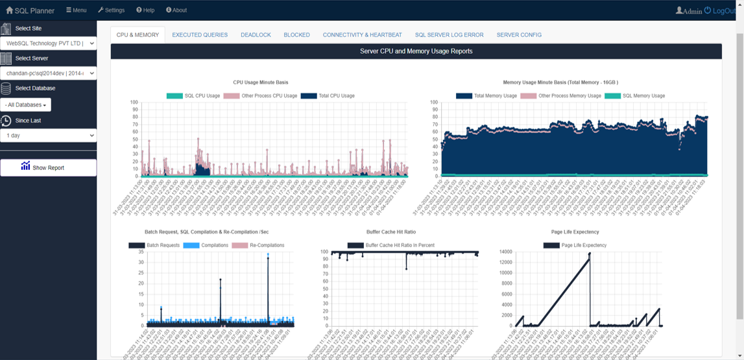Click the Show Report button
point(48,167)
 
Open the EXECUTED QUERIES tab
point(200,35)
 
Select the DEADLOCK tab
point(256,35)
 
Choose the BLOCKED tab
point(296,35)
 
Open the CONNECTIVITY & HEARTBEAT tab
point(362,35)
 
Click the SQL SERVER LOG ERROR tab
point(449,35)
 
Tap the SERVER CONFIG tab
point(519,35)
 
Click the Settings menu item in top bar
point(111,10)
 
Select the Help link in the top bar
point(145,10)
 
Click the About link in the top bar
point(176,10)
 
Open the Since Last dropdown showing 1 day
point(48,136)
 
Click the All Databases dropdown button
point(26,105)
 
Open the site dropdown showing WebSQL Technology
point(48,43)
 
